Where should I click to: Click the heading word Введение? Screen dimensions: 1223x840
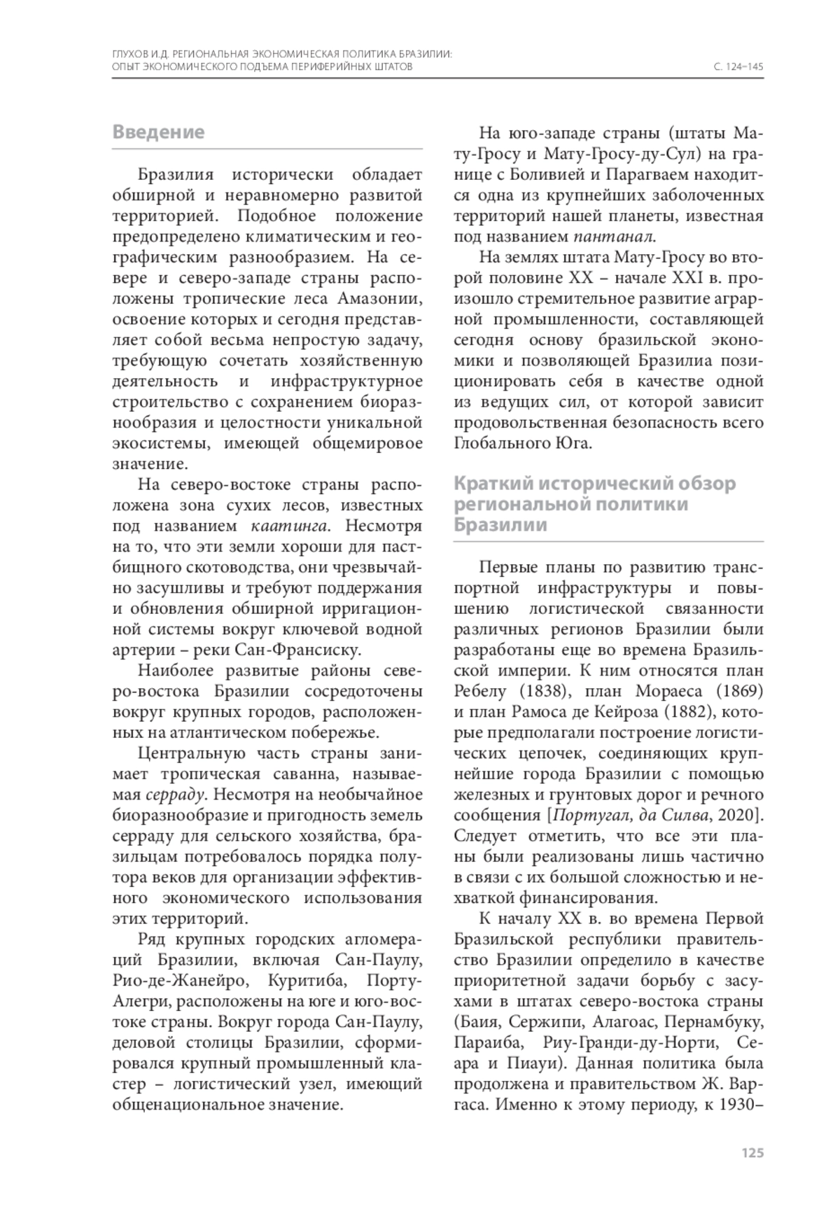[x=158, y=132]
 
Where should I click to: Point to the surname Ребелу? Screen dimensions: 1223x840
[x=479, y=692]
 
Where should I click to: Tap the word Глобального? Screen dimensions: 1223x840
[x=504, y=444]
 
